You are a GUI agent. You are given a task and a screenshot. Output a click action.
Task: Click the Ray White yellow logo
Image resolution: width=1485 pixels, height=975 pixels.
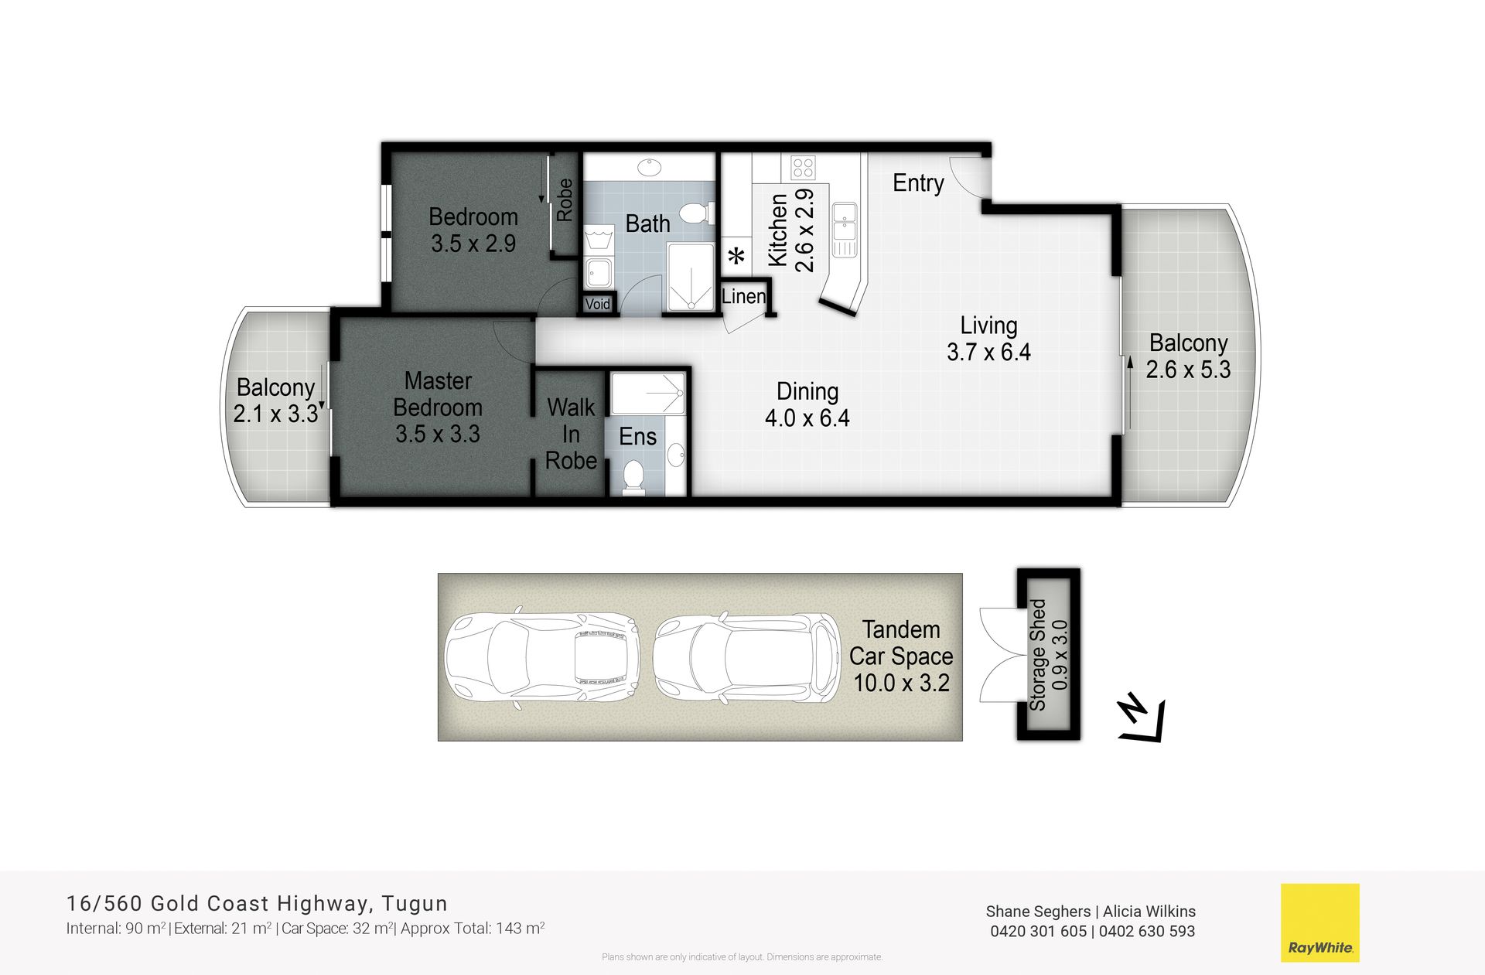(x=1320, y=922)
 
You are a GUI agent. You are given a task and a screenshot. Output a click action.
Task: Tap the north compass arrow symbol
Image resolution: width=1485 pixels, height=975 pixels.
(x=1142, y=718)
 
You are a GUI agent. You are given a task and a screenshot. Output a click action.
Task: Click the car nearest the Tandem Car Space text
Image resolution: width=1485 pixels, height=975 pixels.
(x=746, y=658)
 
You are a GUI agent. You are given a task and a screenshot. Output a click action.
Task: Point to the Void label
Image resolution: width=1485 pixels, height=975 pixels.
(x=597, y=304)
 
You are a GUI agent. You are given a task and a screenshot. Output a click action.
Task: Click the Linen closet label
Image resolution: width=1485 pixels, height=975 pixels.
(x=743, y=296)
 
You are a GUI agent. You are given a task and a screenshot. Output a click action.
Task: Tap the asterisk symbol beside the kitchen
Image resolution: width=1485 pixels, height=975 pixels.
(x=738, y=256)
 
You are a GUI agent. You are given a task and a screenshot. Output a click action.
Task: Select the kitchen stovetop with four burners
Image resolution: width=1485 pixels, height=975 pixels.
(x=803, y=168)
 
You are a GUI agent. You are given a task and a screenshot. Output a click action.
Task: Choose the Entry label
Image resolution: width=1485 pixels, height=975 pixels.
(x=918, y=183)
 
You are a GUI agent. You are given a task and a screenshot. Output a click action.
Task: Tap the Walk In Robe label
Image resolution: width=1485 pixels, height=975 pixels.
(x=571, y=434)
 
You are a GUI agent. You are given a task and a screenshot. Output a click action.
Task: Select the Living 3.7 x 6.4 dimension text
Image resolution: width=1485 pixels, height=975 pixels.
(x=988, y=339)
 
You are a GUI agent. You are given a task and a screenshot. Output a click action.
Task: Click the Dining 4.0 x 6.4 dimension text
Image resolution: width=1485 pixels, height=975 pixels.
(x=807, y=404)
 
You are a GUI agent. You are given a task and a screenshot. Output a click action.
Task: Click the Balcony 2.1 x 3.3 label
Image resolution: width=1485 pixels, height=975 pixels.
(x=276, y=401)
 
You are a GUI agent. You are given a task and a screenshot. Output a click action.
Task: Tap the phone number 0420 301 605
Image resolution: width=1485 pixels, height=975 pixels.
(x=1039, y=932)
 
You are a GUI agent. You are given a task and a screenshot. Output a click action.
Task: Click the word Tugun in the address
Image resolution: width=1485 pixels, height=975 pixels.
(x=415, y=904)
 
